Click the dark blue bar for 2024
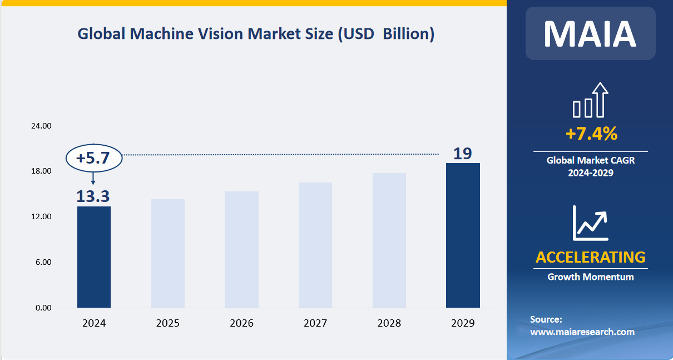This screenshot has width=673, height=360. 93,257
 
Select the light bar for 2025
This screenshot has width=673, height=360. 167,253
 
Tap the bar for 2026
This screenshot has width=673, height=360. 241,249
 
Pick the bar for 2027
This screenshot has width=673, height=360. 315,245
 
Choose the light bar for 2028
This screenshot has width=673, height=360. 389,240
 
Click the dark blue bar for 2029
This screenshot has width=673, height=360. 463,235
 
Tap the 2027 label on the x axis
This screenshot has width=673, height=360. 315,323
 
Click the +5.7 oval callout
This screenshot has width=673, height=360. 93,159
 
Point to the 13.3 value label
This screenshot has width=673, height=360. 93,196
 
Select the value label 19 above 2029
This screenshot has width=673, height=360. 462,154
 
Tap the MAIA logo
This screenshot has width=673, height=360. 590,33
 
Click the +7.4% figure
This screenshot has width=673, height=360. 591,134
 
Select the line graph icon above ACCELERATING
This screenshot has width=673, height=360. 590,223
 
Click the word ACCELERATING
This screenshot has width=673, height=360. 590,257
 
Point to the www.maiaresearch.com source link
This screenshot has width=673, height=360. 582,332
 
